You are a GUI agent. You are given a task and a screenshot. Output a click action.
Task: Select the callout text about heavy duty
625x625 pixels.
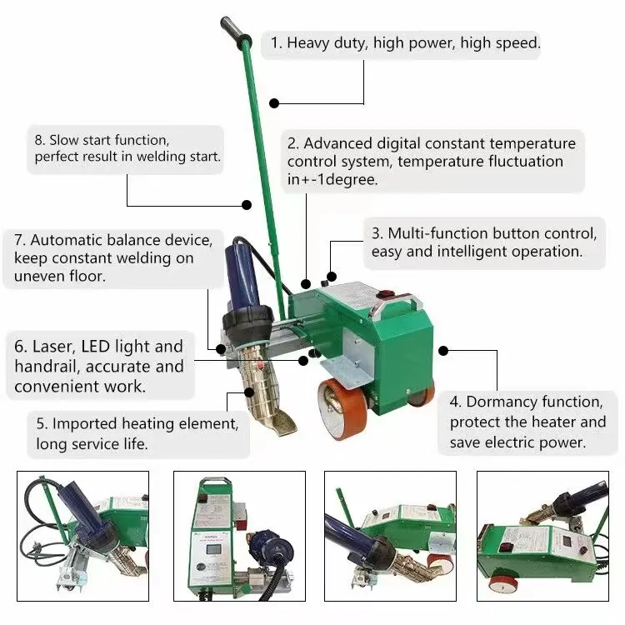[x=402, y=43]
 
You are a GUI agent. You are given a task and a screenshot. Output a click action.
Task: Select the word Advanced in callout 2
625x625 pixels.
[x=343, y=143]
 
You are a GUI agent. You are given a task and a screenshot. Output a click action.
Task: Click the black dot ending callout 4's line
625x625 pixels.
[x=443, y=351]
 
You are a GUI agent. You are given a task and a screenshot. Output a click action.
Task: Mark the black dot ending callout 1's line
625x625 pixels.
[x=273, y=103]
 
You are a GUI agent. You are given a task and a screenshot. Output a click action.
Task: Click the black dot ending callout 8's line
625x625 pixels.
[x=247, y=205]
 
